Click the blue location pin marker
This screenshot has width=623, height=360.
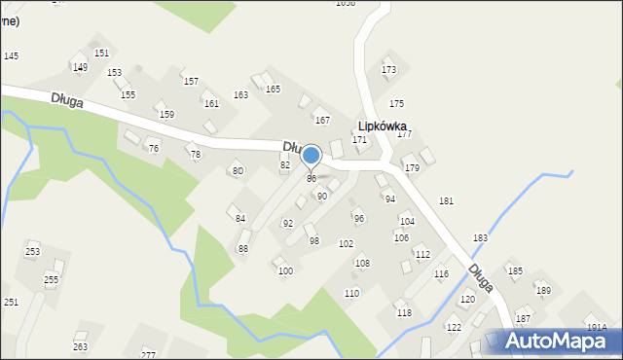click(x=311, y=156)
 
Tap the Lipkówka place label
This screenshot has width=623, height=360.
click(x=382, y=126)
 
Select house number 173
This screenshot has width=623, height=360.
click(x=389, y=70)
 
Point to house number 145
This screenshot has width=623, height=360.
click(x=11, y=56)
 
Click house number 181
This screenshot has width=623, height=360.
click(x=446, y=201)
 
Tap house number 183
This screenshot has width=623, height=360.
click(x=480, y=238)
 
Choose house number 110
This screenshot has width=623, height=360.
click(x=351, y=294)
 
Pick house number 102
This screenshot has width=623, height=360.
click(x=346, y=244)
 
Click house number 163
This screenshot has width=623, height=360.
click(x=240, y=95)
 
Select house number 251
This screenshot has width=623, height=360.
click(x=11, y=303)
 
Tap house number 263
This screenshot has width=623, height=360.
click(x=80, y=347)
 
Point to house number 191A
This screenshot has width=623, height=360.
click(x=597, y=328)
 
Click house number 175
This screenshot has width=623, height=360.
click(x=396, y=103)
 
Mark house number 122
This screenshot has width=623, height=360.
click(x=454, y=328)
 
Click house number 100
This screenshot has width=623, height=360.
click(x=285, y=271)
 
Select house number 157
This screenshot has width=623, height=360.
click(x=191, y=82)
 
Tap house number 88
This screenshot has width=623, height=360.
click(x=243, y=249)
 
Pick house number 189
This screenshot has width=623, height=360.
click(x=543, y=291)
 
